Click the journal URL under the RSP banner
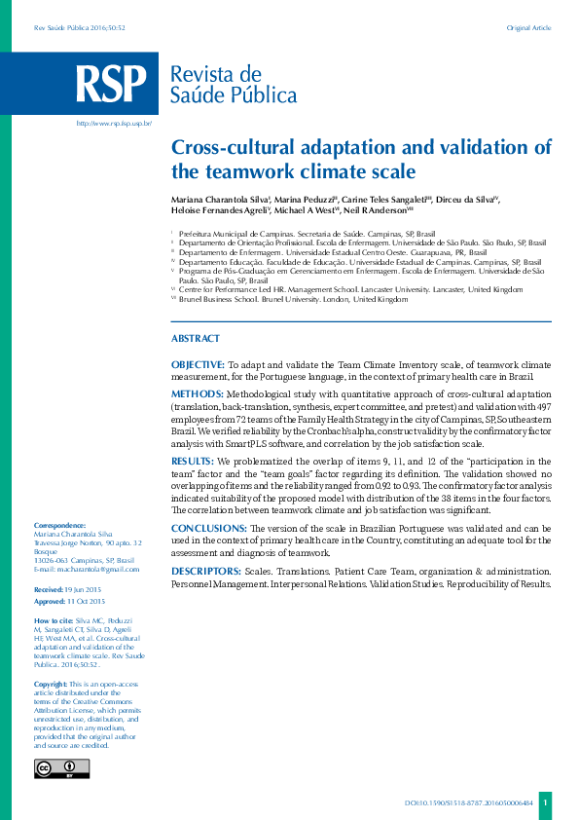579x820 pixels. tap(114, 124)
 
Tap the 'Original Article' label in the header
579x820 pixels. tap(528, 28)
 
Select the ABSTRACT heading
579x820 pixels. tap(195, 338)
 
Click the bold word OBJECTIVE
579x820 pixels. tap(199, 364)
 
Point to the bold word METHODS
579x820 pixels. tap(195, 392)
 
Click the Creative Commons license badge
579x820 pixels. tap(61, 768)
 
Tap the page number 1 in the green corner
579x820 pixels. tap(546, 802)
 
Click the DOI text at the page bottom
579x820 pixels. tap(468, 803)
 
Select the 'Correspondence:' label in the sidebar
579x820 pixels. tap(59, 525)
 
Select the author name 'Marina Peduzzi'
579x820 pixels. tap(306, 199)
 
